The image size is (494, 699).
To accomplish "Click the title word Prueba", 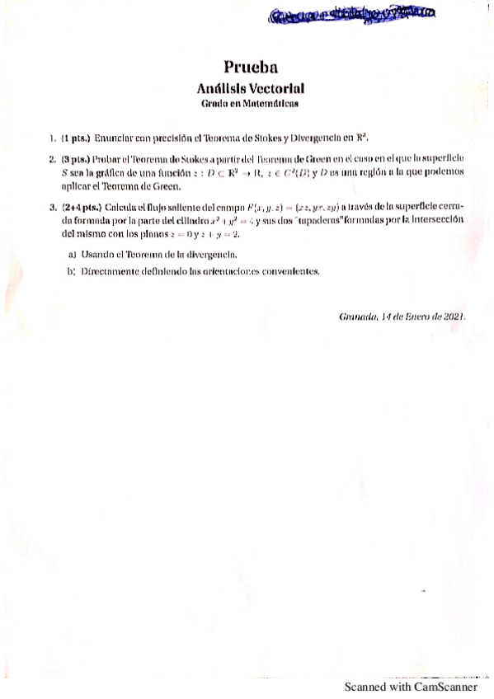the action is [x=249, y=68].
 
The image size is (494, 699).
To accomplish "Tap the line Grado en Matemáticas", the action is [x=250, y=103].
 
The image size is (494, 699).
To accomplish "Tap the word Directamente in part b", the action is [x=115, y=270].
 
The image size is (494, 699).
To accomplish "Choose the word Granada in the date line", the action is [x=357, y=317].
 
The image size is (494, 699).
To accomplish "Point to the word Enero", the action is [x=410, y=317].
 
